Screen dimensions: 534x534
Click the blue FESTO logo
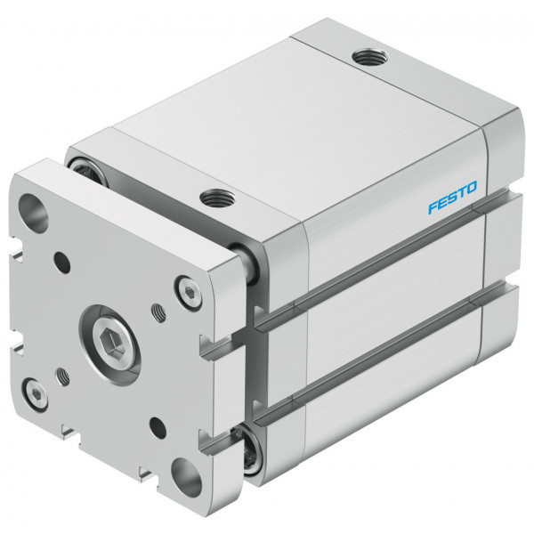[x=453, y=198]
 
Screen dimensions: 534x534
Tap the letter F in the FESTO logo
[x=433, y=207]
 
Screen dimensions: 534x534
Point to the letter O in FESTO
[x=472, y=187]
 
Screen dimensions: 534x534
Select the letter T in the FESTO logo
[x=462, y=192]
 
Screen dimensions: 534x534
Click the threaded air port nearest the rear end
[x=369, y=57]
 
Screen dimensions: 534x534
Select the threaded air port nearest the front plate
[x=218, y=198]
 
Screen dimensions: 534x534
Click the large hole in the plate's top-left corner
[x=34, y=213]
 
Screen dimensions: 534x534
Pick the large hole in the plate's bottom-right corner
[x=186, y=478]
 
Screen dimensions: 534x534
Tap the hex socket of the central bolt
[x=113, y=345]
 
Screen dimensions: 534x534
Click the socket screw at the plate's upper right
[x=188, y=293]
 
